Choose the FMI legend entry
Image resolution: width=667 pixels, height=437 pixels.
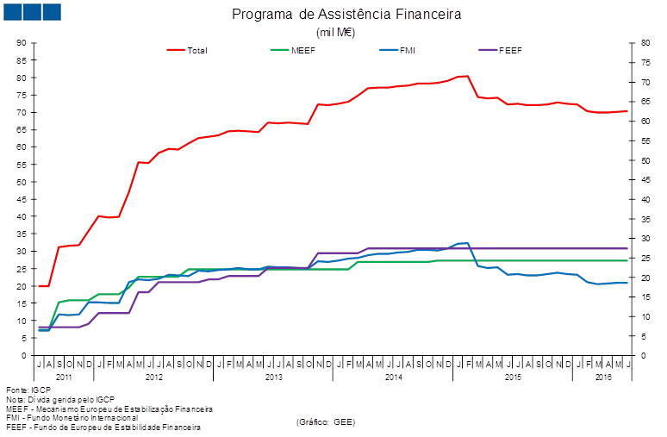click(x=408, y=50)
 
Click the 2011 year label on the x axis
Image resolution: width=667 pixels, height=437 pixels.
click(x=65, y=378)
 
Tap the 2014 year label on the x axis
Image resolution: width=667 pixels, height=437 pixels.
click(x=393, y=378)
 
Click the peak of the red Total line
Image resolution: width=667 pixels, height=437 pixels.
click(x=466, y=76)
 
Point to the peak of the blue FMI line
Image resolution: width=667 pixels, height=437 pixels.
click(x=466, y=243)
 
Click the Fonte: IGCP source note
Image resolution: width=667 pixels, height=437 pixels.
click(x=22, y=390)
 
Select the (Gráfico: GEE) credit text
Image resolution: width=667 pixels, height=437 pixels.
click(x=326, y=421)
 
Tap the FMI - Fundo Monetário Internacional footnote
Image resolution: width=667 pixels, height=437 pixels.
click(x=72, y=417)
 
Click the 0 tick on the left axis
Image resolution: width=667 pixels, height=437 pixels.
click(x=25, y=354)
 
